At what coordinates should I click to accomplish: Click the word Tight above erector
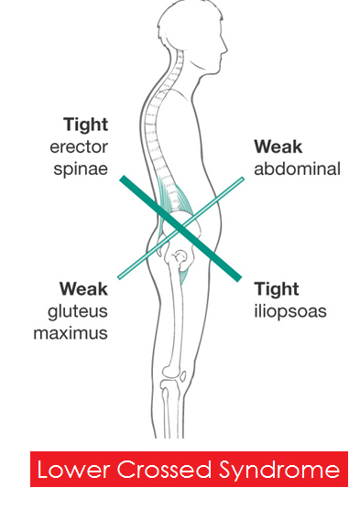point(85,125)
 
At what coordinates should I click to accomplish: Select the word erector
point(79,147)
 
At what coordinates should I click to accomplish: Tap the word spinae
point(81,169)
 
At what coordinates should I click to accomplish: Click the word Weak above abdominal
point(278,146)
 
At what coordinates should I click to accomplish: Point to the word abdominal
point(298,168)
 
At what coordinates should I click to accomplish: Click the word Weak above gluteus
point(83,289)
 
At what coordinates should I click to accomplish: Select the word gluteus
point(78,311)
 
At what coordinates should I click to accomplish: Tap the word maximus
point(71,333)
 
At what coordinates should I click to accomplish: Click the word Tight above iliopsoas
point(277,290)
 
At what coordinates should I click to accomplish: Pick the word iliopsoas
point(290,311)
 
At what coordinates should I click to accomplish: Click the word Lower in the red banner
point(74,470)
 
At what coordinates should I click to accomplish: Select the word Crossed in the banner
point(165,470)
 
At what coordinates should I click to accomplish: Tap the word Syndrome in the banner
point(279,471)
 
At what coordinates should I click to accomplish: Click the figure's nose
point(224,49)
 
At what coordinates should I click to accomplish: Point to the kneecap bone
point(183,376)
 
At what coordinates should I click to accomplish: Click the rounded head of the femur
point(180,255)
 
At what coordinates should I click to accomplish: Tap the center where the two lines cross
point(181,228)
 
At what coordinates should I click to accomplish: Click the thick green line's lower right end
point(239,278)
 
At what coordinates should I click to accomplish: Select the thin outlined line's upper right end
point(243,179)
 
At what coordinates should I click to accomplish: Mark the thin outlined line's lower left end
point(120,277)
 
